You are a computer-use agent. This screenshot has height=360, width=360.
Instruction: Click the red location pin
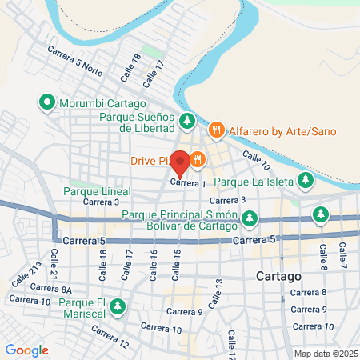tap(180, 162)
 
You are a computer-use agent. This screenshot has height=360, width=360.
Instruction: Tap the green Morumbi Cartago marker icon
tap(46, 103)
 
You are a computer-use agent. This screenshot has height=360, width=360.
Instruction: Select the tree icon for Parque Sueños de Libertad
tap(186, 122)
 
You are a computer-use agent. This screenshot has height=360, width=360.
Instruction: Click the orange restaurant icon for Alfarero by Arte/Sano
tap(215, 130)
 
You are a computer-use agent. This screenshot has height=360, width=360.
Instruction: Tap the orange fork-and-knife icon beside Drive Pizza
tap(196, 160)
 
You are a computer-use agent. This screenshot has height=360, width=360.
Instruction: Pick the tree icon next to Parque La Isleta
tap(304, 182)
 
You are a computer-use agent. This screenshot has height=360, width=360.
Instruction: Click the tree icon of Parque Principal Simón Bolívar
tap(250, 217)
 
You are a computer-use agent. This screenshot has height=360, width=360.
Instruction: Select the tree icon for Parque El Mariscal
tap(118, 306)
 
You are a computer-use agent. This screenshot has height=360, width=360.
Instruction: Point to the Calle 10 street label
tap(256, 162)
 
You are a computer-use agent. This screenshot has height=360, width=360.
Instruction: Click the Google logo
tap(27, 350)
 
